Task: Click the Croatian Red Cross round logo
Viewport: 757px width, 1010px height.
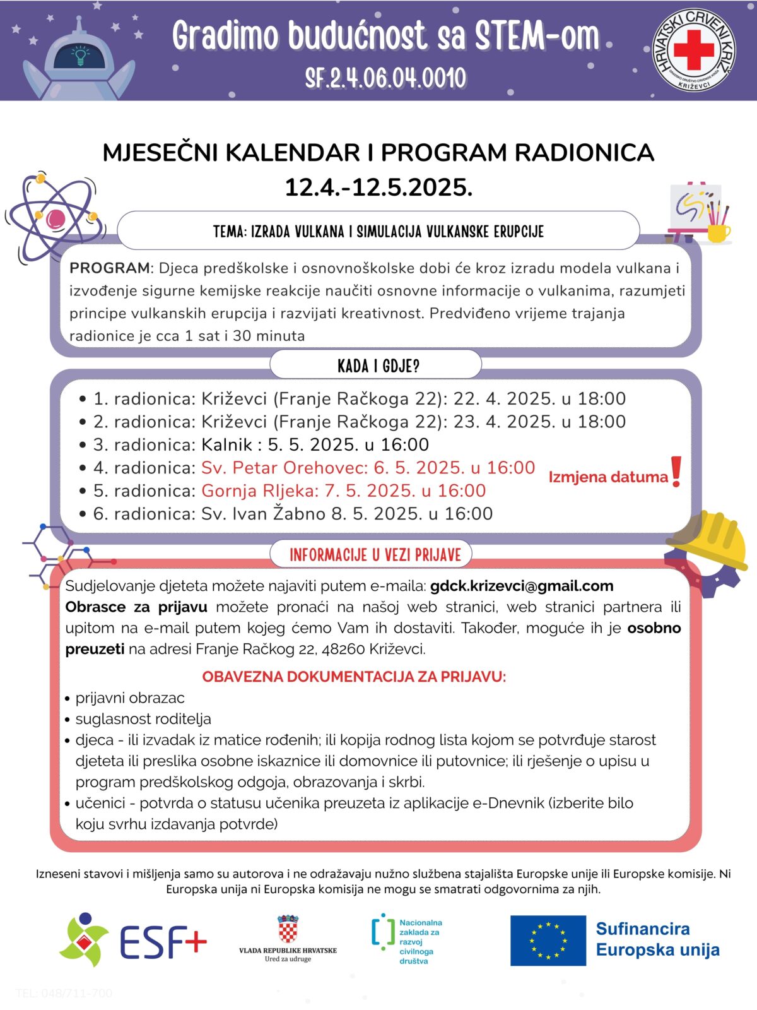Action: point(694,49)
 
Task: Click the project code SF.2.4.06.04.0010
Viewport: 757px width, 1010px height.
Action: point(385,78)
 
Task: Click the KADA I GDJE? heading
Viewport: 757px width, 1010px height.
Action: point(378,366)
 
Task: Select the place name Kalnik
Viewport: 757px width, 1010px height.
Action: point(226,445)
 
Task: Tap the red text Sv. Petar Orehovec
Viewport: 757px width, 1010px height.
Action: point(284,468)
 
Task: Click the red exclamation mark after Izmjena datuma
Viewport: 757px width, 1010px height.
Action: point(676,472)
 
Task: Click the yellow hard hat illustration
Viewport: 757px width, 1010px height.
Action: point(709,540)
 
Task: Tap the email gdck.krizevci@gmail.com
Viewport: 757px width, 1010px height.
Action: point(521,586)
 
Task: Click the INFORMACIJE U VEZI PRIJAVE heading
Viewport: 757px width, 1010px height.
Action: point(375,555)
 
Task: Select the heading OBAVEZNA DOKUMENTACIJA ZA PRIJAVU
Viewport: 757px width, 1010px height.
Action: point(354,677)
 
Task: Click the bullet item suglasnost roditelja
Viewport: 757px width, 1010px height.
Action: point(143,719)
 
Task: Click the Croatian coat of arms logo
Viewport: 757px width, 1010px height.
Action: point(288,930)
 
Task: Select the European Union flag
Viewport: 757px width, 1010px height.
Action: point(548,941)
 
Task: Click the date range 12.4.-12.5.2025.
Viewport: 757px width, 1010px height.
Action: point(378,187)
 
